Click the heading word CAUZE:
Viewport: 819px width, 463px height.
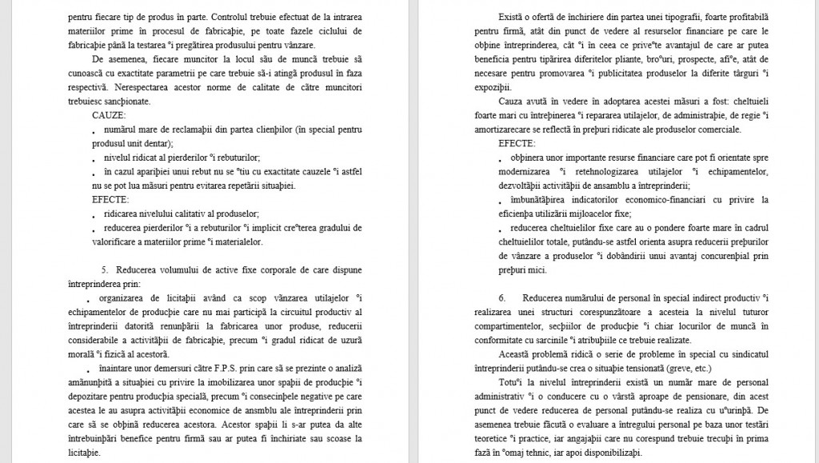coord(109,115)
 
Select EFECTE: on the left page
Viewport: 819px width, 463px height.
coord(110,199)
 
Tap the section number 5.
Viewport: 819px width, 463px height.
coord(104,269)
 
